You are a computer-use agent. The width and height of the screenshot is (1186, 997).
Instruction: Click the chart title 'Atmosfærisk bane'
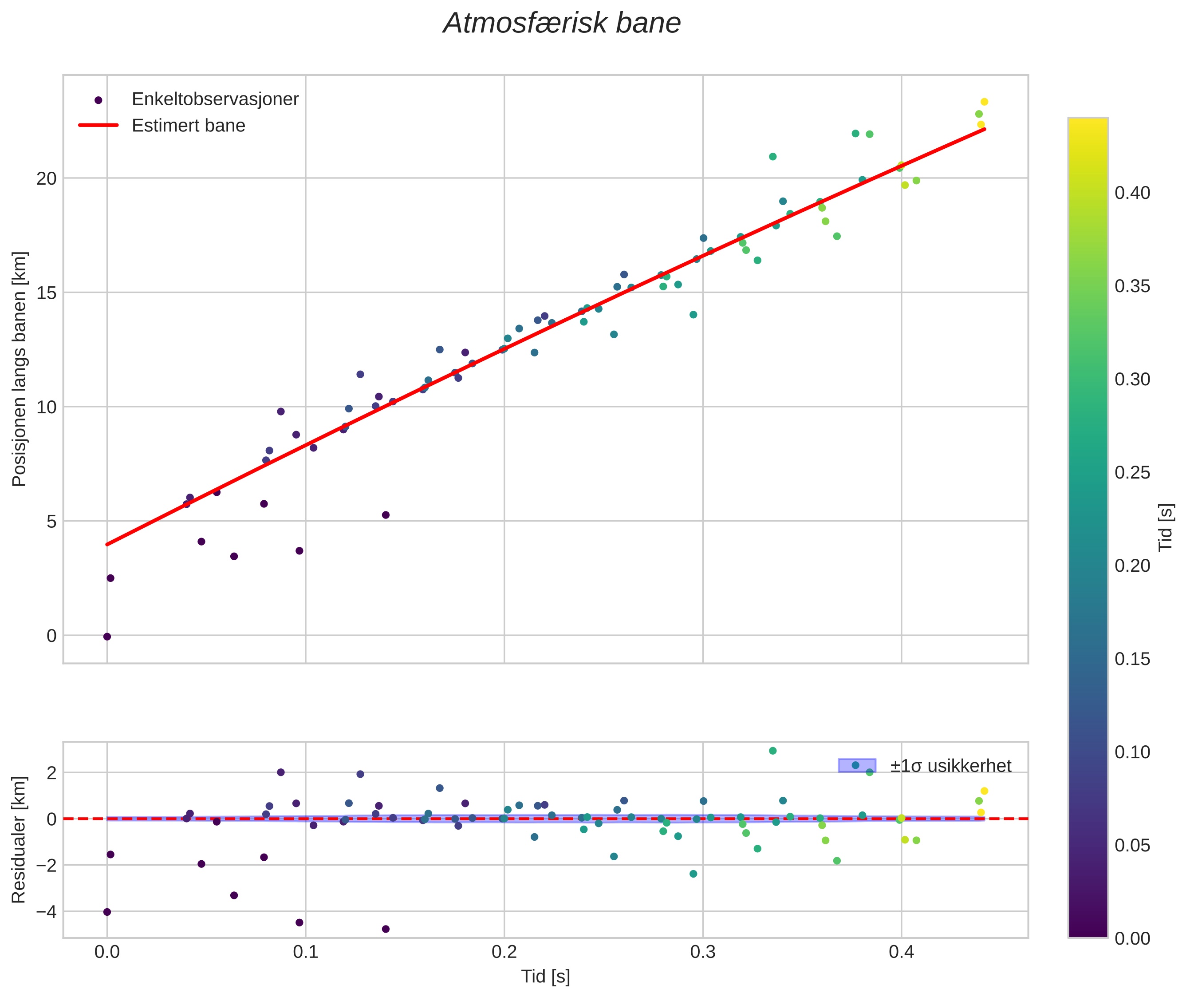(562, 24)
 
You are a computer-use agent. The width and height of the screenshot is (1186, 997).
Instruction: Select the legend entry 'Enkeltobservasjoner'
(215, 99)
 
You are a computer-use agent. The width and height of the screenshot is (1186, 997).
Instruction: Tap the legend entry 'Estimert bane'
(188, 126)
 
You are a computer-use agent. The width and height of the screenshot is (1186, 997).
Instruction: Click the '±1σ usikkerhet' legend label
(950, 766)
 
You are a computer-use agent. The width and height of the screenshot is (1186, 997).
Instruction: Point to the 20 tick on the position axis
(47, 178)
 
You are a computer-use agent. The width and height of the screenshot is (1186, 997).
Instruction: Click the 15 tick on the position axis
(47, 293)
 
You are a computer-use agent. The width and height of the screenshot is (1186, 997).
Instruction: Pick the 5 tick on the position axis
(51, 521)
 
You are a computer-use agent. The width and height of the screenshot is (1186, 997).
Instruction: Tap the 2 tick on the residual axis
(51, 773)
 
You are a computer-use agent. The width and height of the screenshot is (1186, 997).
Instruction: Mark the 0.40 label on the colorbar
(1132, 193)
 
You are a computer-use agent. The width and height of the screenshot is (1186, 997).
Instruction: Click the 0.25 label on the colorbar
(1132, 472)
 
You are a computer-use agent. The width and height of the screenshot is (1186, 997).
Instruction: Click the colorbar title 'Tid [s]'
(1165, 527)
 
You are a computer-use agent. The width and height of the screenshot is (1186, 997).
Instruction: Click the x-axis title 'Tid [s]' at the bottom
(545, 977)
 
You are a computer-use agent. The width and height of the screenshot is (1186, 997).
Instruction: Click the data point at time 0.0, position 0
(107, 637)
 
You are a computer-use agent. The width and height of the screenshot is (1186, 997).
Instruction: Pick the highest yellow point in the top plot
(984, 102)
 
